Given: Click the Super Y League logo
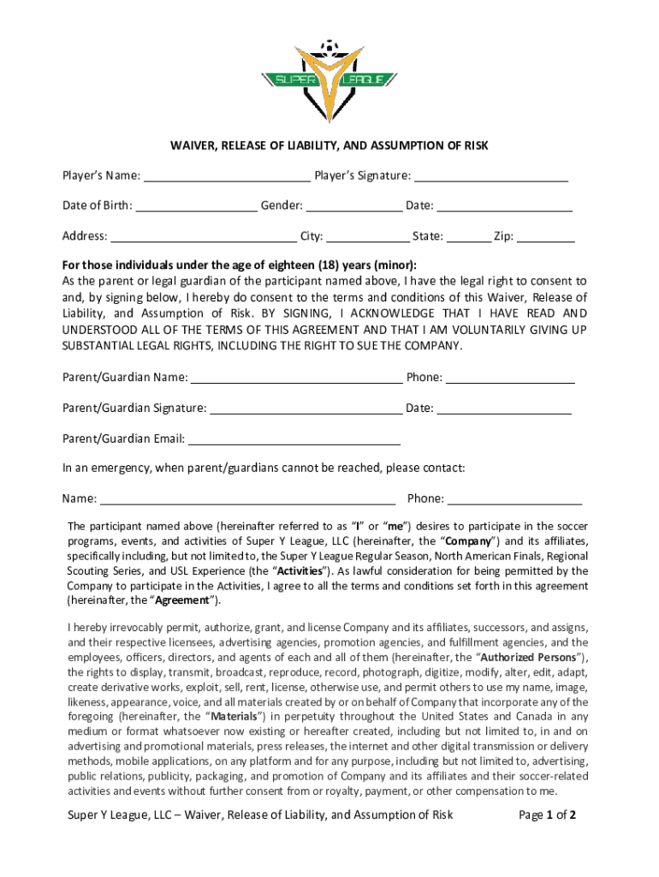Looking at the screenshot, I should tap(329, 81).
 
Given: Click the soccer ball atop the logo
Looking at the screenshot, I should tap(328, 46).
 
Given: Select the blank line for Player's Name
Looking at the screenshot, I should tap(227, 177).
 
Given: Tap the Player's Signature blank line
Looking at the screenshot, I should tap(491, 177).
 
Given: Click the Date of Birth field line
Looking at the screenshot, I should tap(196, 206).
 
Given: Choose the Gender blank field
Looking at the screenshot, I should tap(354, 206).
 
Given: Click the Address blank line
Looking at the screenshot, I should tap(204, 237).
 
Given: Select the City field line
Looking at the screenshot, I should tap(368, 237).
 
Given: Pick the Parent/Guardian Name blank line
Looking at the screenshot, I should tap(296, 379).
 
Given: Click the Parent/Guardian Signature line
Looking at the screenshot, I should tap(306, 409).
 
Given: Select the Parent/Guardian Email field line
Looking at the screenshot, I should tap(294, 440).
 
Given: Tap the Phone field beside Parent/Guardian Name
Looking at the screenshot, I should tap(510, 379).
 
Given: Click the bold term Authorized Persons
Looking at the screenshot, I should tap(533, 658).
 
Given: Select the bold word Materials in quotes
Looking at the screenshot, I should tap(235, 717).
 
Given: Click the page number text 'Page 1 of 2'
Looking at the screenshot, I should tap(547, 815).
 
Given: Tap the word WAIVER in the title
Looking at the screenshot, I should tap(195, 146).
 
